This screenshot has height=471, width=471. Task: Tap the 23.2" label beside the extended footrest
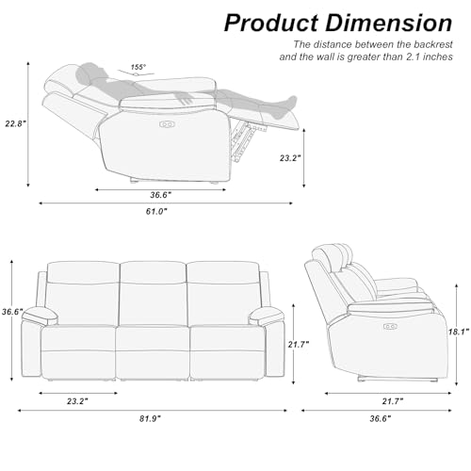coord(291,158)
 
